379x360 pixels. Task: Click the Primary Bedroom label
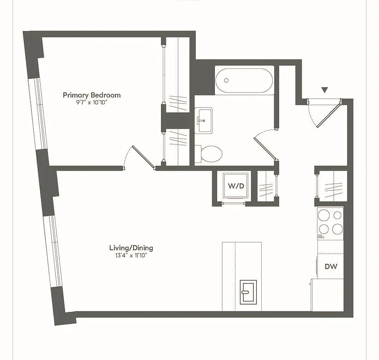[92, 95]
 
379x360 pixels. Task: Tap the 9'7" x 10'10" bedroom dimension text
[92, 103]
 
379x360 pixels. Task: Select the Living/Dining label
[131, 248]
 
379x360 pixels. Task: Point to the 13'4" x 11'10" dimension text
[131, 256]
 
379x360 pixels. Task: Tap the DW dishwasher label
[331, 266]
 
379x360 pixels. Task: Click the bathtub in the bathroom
[244, 81]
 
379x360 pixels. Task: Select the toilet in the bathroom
[210, 153]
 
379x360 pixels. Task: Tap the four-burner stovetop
[330, 222]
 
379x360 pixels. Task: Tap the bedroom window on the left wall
[38, 114]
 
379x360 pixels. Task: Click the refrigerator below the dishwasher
[327, 294]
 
